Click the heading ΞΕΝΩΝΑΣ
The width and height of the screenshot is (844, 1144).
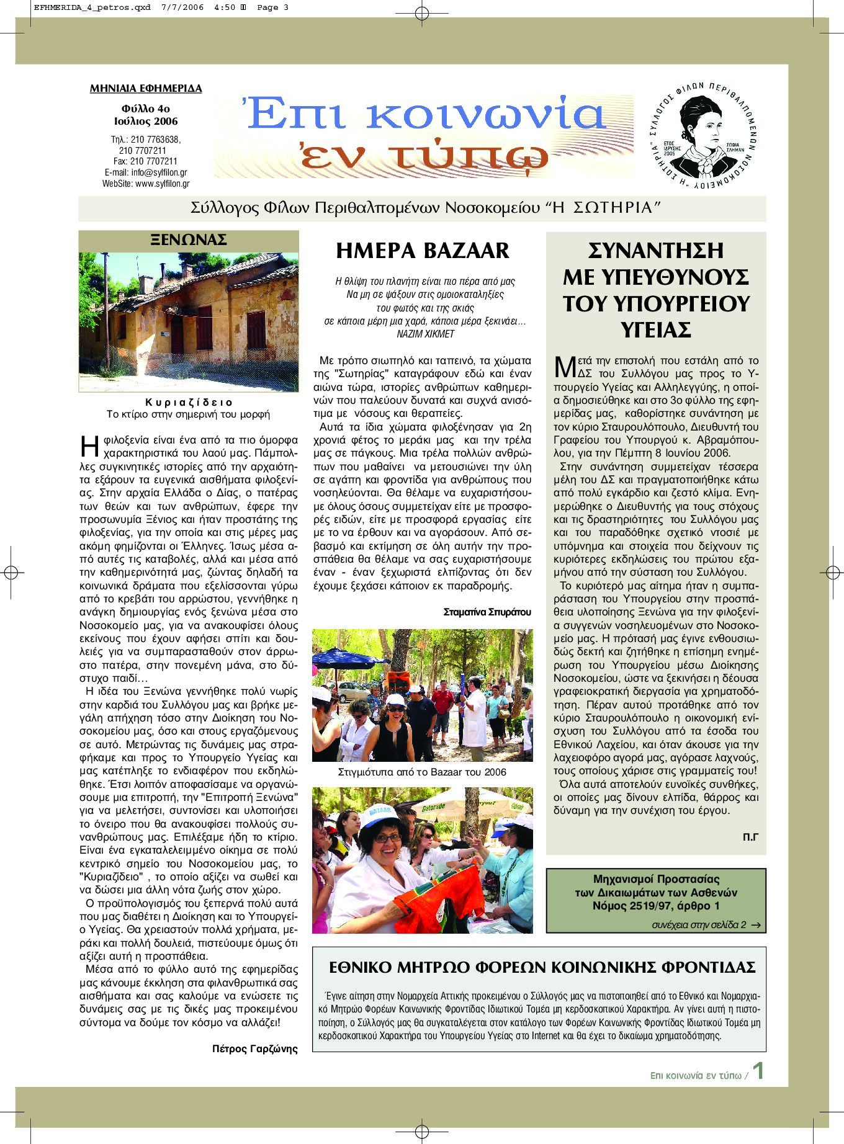pos(189,240)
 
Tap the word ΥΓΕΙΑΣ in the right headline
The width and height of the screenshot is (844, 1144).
pos(655,330)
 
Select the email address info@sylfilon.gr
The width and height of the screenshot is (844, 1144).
pos(159,172)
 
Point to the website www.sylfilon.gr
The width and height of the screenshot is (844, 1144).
pos(163,184)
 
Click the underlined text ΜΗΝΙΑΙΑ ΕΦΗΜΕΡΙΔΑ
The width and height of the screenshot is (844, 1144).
pos(146,89)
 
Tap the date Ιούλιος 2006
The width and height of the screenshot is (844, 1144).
pos(146,122)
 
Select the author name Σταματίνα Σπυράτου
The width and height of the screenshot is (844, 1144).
pos(487,612)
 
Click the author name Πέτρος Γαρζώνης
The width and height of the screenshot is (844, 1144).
pos(254,1049)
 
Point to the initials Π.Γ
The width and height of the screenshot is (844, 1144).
pos(750,837)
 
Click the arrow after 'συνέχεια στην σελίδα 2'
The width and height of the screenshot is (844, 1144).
pos(755,925)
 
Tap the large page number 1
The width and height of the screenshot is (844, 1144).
pos(758,1071)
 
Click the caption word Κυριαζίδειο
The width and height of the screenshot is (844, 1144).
pos(189,402)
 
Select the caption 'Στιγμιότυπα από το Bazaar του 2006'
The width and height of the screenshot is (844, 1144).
pos(422,772)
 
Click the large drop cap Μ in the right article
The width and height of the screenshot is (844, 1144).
pos(565,367)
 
